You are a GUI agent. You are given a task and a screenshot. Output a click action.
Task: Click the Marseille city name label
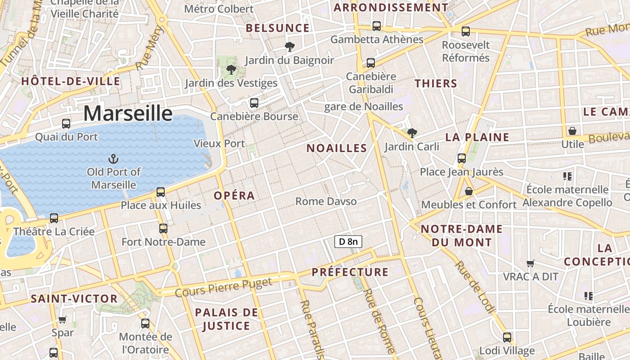pyautogui.click(x=128, y=113)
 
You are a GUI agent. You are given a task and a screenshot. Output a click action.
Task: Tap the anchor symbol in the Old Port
pyautogui.click(x=113, y=158)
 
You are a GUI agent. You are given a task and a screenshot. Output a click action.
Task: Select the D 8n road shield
pyautogui.click(x=348, y=242)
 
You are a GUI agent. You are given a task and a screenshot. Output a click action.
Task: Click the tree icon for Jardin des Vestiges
pyautogui.click(x=231, y=70)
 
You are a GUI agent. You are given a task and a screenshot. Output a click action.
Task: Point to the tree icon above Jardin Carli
pyautogui.click(x=412, y=133)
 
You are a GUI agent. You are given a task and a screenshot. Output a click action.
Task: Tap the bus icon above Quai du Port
pyautogui.click(x=66, y=123)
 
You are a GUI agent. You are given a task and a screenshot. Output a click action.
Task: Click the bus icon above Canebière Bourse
pyautogui.click(x=254, y=103)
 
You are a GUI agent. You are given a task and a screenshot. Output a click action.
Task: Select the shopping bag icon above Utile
pyautogui.click(x=572, y=131)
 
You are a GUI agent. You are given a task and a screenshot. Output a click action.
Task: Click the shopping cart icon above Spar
pyautogui.click(x=63, y=320)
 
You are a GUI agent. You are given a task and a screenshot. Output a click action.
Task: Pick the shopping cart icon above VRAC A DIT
pyautogui.click(x=531, y=263)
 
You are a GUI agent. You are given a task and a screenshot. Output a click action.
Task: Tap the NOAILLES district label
pyautogui.click(x=337, y=148)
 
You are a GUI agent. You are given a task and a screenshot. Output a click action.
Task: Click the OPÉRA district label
pyautogui.click(x=234, y=196)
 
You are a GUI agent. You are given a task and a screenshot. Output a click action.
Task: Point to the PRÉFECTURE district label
pyautogui.click(x=350, y=272)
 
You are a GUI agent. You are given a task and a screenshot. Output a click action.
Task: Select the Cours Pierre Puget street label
pyautogui.click(x=224, y=287)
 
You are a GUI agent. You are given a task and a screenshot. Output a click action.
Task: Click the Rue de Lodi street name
pyautogui.click(x=475, y=287)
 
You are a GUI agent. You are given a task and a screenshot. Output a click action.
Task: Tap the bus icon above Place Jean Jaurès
pyautogui.click(x=462, y=158)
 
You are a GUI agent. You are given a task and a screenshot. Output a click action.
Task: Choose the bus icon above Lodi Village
pyautogui.click(x=507, y=337)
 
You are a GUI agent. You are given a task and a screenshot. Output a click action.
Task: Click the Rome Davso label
pyautogui.click(x=326, y=201)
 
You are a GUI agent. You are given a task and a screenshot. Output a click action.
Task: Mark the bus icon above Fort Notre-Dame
pyautogui.click(x=163, y=229)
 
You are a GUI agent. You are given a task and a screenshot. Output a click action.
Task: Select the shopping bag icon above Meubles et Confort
pyautogui.click(x=469, y=191)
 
